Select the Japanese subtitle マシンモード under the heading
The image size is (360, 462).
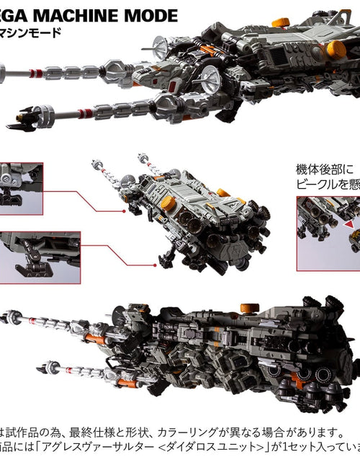(x=37, y=33)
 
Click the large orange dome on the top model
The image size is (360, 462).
(x=336, y=49)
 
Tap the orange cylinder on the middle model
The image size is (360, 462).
(x=168, y=203)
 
